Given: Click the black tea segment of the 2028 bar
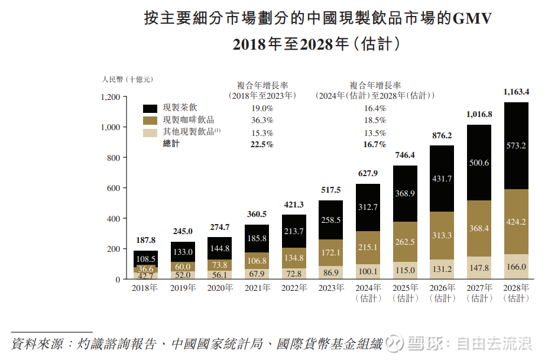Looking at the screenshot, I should coord(516,145).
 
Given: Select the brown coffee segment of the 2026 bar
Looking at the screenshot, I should coord(442,235).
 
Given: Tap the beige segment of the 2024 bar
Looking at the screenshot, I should coord(368,271).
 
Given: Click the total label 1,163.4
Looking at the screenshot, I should coord(516,92).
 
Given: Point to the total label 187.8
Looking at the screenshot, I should coord(145,240).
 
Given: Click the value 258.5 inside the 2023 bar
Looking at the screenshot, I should coord(330,220).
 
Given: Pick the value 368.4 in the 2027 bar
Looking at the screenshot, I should coord(479,228).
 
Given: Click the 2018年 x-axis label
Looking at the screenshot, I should coord(145,288).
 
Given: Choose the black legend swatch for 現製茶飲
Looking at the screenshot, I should coord(150,109).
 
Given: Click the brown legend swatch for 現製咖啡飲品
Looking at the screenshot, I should coord(150,121).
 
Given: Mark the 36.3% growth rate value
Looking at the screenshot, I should coord(262,121).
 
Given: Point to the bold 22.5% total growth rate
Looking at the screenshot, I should coord(262,145).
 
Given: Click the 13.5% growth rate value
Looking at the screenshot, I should coord(375,133).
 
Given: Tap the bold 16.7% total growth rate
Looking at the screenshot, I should coord(375,145).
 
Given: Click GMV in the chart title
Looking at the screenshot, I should coord(471,20).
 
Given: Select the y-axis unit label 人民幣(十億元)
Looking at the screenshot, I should coord(128,79).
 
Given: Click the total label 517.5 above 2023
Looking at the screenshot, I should coord(330,190).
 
